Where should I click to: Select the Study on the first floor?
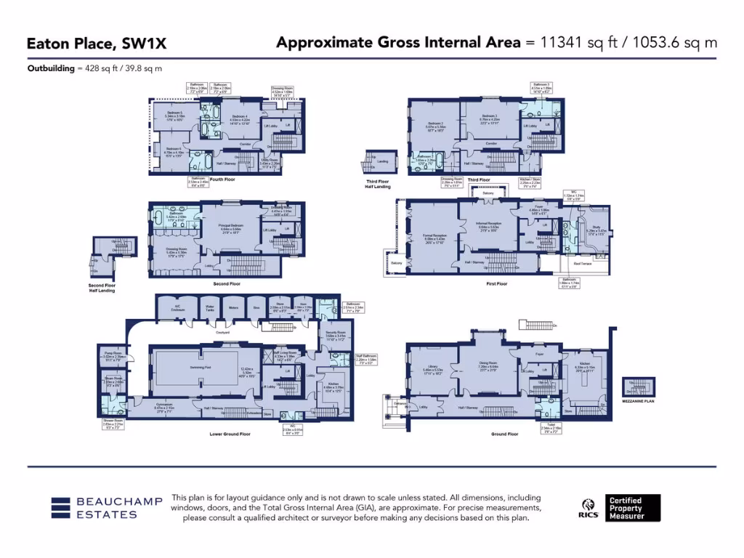(595, 231)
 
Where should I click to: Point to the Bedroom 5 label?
(174, 114)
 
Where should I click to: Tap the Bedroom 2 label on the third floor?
(434, 124)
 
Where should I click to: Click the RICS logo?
(587, 507)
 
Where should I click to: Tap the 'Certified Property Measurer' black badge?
(634, 507)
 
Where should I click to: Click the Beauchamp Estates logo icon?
(61, 508)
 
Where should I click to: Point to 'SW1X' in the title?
(142, 44)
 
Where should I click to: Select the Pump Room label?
(115, 355)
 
